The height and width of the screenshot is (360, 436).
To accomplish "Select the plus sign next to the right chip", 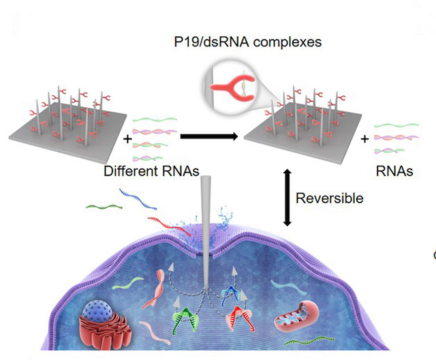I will pos(364,138).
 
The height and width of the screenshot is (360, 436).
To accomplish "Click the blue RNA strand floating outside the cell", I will pos(132,198).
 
